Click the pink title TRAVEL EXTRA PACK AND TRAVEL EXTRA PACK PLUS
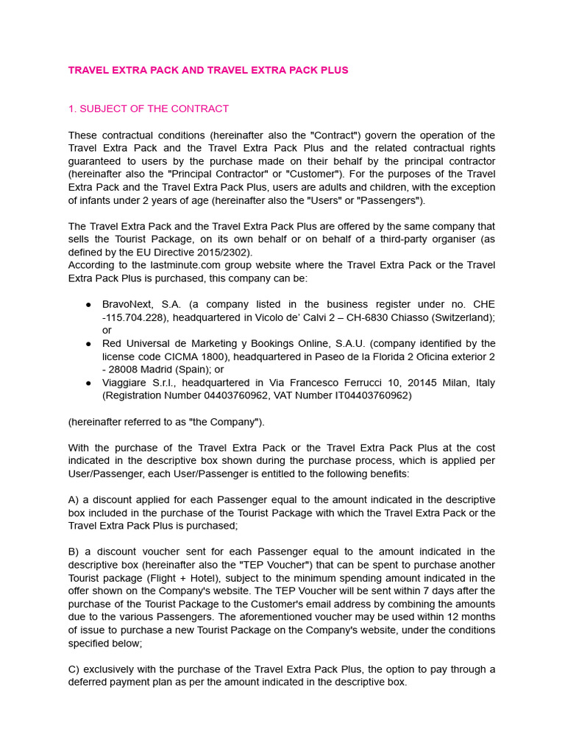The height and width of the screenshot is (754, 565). click(208, 71)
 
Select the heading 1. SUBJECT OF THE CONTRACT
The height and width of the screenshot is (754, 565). click(149, 109)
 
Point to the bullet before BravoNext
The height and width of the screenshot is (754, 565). click(88, 305)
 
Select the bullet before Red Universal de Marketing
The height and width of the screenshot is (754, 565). click(88, 344)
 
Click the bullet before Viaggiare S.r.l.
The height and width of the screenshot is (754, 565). click(88, 383)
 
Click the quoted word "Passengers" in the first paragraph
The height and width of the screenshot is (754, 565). click(393, 201)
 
